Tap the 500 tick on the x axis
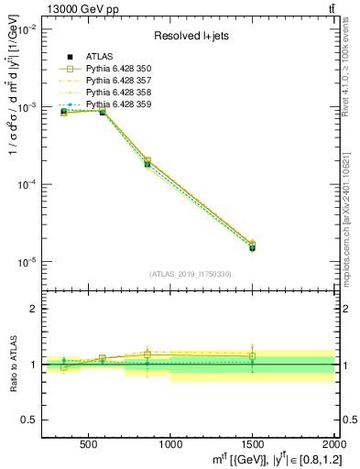click(x=89, y=444)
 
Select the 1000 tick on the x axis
click(x=170, y=444)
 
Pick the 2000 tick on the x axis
click(x=332, y=444)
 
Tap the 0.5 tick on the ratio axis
click(x=28, y=420)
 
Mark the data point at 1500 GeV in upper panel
click(x=252, y=247)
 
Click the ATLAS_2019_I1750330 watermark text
click(x=190, y=274)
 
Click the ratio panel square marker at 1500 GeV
click(x=252, y=356)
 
